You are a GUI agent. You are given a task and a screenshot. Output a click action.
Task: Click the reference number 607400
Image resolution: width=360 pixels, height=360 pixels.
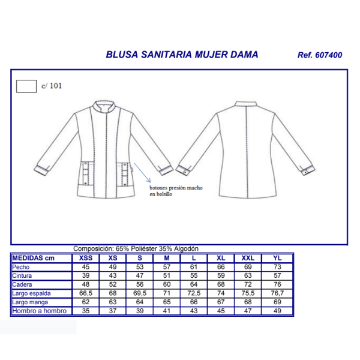click(x=329, y=55)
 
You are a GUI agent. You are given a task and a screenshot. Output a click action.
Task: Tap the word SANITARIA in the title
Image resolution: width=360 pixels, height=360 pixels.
click(x=166, y=55)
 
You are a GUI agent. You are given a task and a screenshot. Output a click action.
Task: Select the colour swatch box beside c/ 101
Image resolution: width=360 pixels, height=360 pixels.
click(x=26, y=86)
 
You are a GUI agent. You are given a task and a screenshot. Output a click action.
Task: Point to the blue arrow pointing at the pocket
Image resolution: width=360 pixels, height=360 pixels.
click(x=142, y=173)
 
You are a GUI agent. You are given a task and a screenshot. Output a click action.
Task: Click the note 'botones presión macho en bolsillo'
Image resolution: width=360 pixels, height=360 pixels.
click(x=176, y=191)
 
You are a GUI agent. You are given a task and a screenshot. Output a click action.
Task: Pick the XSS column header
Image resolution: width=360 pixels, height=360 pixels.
click(x=86, y=258)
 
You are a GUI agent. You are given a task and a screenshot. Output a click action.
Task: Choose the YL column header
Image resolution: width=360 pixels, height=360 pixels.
click(x=277, y=258)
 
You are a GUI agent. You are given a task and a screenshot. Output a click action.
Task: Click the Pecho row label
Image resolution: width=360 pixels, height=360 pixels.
click(x=21, y=267)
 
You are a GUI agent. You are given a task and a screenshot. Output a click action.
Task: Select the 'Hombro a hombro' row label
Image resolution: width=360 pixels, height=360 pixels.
click(x=39, y=311)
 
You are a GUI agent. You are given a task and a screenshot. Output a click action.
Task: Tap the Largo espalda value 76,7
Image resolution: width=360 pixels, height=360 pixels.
click(x=277, y=293)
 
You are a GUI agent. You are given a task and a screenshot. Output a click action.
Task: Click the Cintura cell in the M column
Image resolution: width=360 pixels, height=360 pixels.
click(x=167, y=275)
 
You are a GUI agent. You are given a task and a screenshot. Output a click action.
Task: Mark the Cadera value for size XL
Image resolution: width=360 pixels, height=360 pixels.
click(x=221, y=284)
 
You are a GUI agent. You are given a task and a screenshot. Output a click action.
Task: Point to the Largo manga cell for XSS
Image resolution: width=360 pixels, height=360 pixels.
click(x=86, y=302)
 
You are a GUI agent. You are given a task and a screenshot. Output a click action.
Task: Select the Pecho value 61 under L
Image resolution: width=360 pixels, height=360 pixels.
click(x=194, y=267)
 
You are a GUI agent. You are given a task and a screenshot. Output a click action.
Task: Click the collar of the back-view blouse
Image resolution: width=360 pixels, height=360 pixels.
click(x=245, y=104)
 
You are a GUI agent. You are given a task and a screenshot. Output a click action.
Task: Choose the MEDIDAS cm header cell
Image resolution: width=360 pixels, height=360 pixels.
click(x=33, y=258)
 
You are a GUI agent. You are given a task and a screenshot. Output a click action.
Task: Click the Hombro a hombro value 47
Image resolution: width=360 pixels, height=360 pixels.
click(x=248, y=311)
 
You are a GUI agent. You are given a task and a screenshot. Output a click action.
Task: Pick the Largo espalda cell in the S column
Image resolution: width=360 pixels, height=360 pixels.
click(x=140, y=293)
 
